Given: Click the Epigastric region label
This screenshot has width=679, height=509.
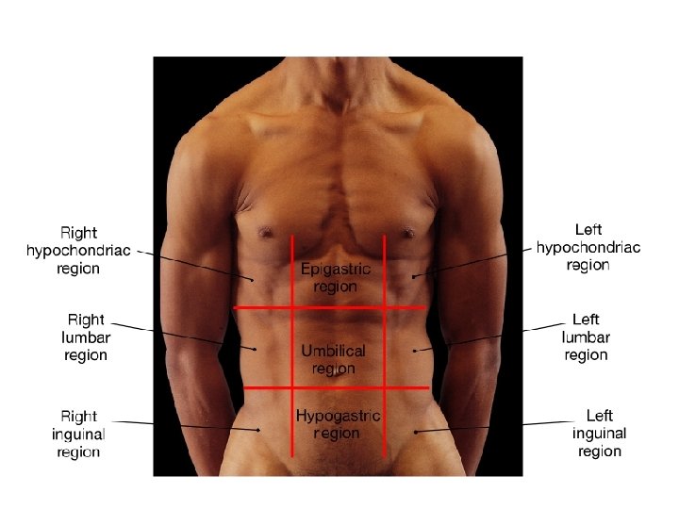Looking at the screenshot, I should pyautogui.click(x=336, y=277).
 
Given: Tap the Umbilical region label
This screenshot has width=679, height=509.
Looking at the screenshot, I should pyautogui.click(x=333, y=359).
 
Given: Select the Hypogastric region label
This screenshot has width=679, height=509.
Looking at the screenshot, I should pyautogui.click(x=338, y=424).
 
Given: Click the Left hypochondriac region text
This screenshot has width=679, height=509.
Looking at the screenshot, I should pyautogui.click(x=588, y=247).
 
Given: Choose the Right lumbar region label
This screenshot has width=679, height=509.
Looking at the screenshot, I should pyautogui.click(x=86, y=337).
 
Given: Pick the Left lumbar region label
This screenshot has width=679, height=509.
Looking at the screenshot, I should pyautogui.click(x=586, y=337).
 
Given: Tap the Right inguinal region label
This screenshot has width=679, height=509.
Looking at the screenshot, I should pyautogui.click(x=78, y=434).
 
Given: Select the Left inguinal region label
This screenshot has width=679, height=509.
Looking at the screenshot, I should pyautogui.click(x=599, y=433).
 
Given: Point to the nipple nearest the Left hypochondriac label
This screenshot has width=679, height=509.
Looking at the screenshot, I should pyautogui.click(x=407, y=231).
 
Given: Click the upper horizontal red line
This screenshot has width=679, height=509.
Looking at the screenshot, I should pyautogui.click(x=330, y=307).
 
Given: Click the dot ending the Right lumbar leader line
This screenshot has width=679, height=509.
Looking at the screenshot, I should pyautogui.click(x=256, y=349).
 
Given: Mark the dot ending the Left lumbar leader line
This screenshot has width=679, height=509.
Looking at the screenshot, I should pyautogui.click(x=415, y=350).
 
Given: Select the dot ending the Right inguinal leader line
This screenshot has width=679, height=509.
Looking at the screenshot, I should pyautogui.click(x=258, y=431).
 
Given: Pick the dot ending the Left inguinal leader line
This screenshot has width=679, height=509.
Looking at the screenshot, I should pyautogui.click(x=415, y=432).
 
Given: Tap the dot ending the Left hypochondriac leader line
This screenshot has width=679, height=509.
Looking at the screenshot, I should pyautogui.click(x=413, y=275).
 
